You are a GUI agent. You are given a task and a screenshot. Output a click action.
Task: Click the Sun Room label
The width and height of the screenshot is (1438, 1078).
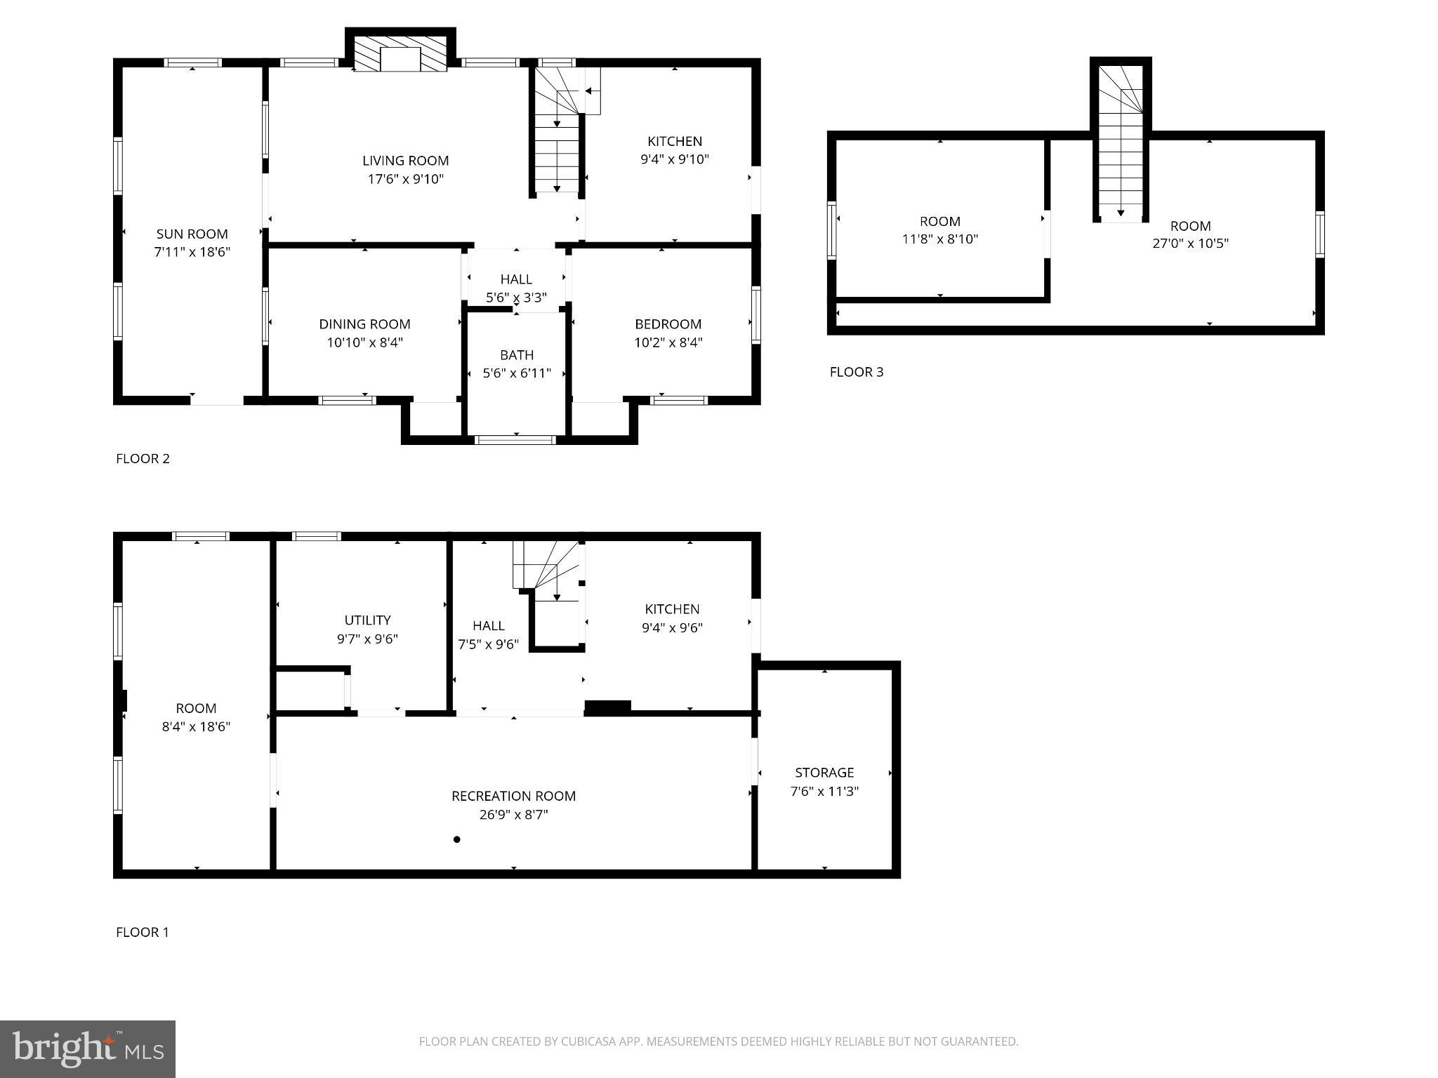click(x=192, y=234)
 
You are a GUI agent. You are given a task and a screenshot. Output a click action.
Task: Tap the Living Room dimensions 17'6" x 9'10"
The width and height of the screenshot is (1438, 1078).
click(x=405, y=179)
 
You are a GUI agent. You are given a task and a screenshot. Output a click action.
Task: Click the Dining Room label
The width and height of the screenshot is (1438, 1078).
click(x=364, y=324)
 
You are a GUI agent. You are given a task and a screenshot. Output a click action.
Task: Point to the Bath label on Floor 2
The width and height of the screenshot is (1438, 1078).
click(x=517, y=355)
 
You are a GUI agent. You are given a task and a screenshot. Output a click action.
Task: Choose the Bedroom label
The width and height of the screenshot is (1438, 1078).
click(x=668, y=324)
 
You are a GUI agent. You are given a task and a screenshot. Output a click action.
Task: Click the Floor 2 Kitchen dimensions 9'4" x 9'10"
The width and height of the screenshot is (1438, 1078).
click(x=674, y=159)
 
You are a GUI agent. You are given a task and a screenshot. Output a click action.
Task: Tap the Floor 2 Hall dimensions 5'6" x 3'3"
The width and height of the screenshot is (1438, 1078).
click(x=516, y=298)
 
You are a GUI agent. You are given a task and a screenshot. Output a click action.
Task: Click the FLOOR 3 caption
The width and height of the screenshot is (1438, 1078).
click(x=856, y=372)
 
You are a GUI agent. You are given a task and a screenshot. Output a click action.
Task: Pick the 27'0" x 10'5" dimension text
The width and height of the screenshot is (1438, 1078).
click(x=1190, y=244)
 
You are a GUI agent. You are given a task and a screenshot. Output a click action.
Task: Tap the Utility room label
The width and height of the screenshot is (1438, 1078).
click(x=367, y=620)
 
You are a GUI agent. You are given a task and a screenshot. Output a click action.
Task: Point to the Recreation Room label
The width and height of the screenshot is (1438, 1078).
click(x=513, y=796)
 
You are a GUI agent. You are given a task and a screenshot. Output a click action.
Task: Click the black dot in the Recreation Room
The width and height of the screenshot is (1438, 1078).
click(x=456, y=839)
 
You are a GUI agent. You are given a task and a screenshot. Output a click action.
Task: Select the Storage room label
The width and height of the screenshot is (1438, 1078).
click(x=824, y=773)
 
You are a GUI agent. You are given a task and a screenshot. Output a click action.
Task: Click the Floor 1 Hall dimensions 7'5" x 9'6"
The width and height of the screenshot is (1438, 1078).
click(x=488, y=644)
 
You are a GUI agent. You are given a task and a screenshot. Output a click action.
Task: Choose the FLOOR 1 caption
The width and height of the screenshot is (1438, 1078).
click(x=143, y=932)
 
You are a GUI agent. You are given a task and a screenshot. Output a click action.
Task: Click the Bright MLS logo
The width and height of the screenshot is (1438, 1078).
click(x=88, y=1049)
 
